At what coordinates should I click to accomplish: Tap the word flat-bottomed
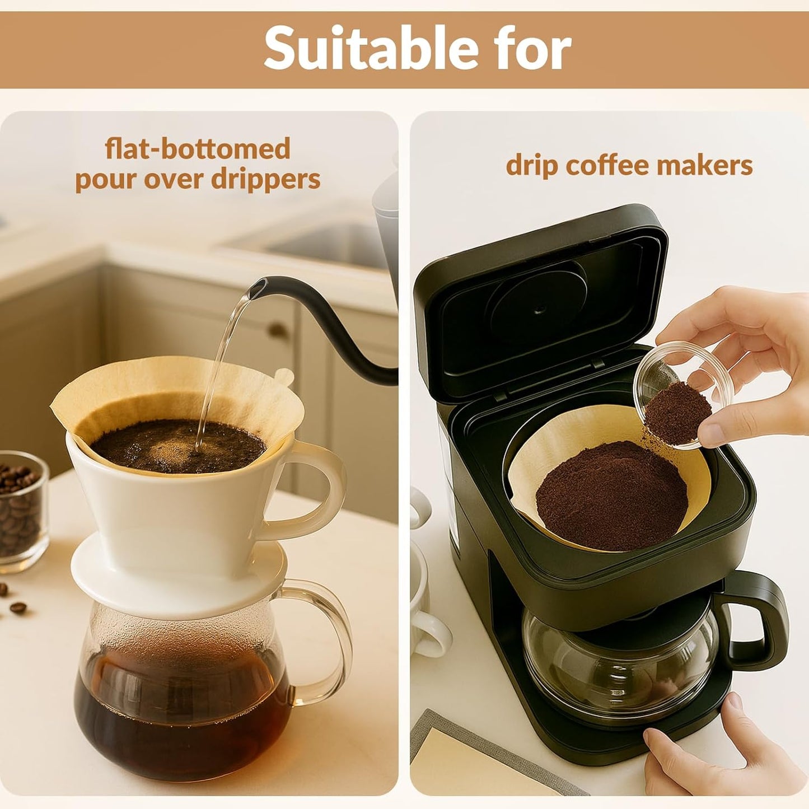click(x=198, y=149)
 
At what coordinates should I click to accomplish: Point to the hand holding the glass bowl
click(x=745, y=364)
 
